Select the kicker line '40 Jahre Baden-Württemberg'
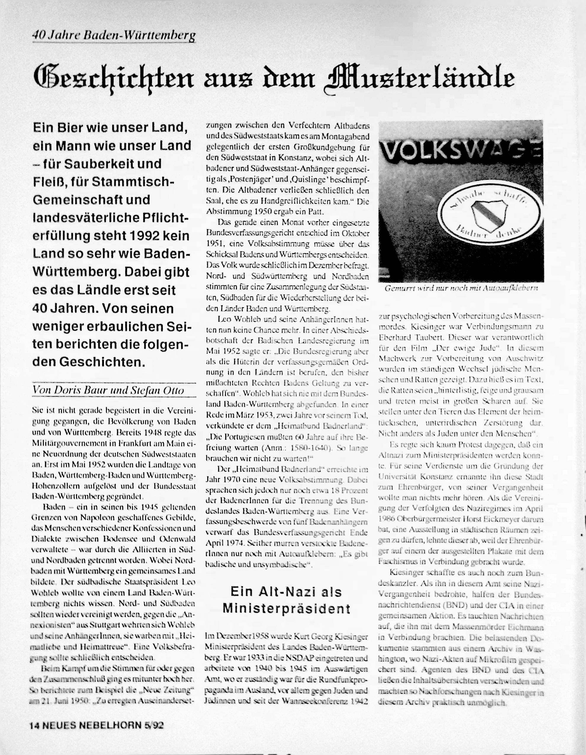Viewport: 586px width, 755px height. click(x=114, y=35)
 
